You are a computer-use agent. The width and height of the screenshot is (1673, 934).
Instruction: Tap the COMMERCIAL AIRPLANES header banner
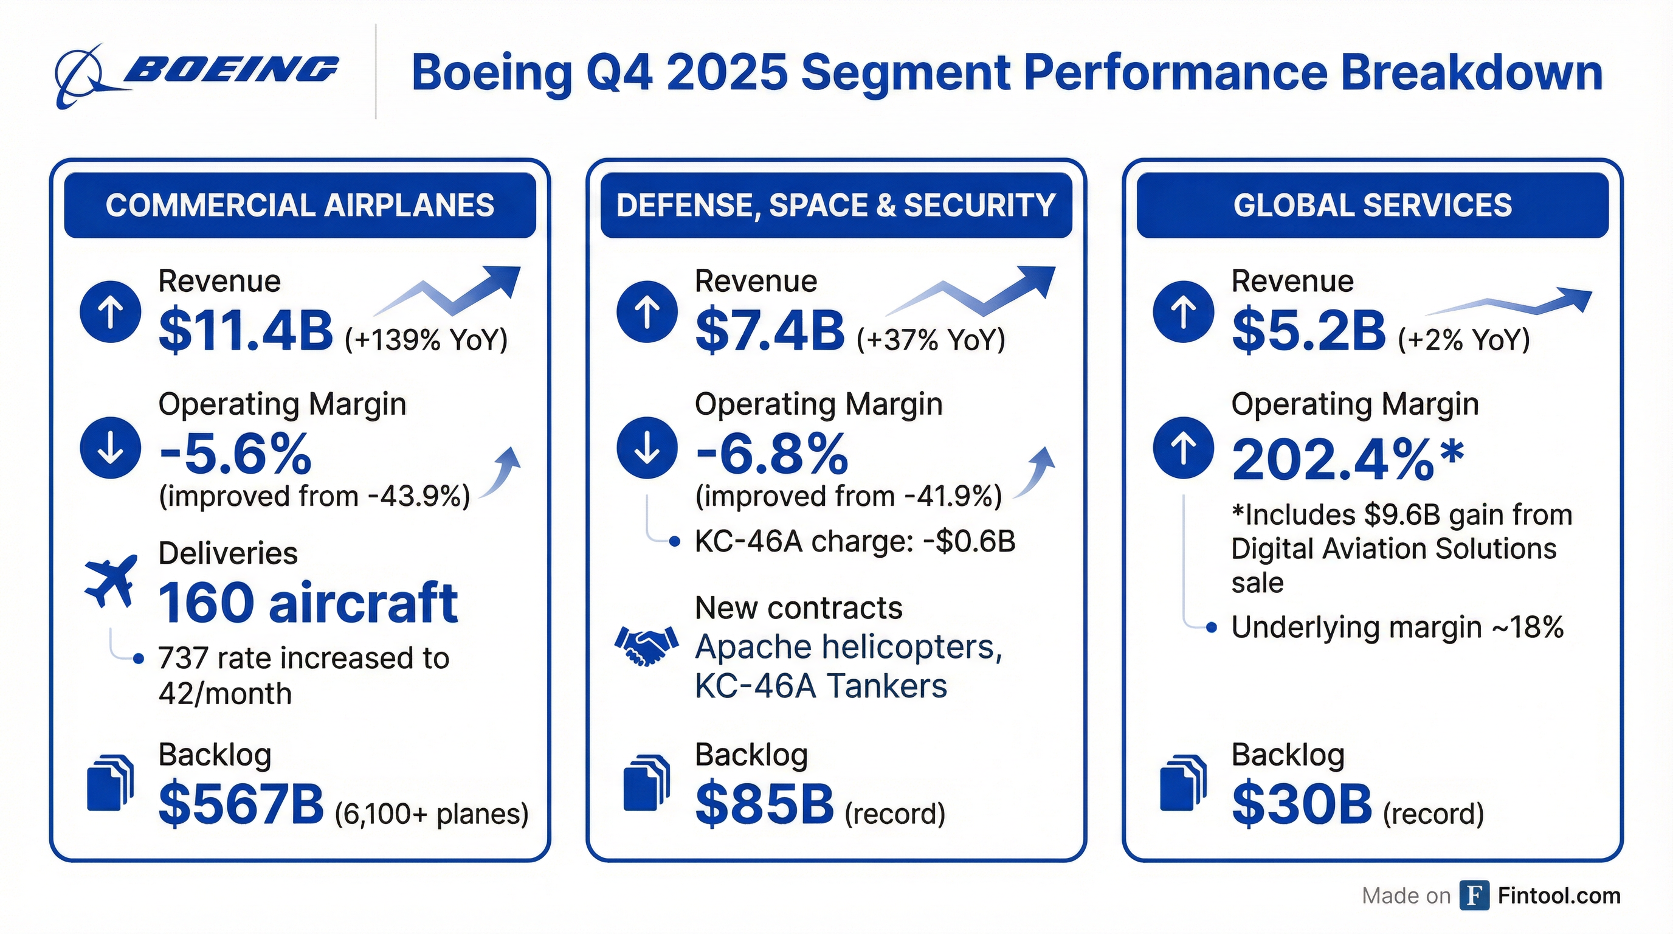click(300, 206)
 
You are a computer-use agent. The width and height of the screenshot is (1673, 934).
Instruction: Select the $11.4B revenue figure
click(246, 331)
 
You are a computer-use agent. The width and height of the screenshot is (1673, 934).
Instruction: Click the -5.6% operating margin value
click(235, 454)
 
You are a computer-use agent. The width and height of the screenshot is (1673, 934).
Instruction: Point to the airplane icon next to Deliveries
click(111, 580)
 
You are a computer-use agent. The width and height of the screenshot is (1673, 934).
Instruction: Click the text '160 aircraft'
click(308, 603)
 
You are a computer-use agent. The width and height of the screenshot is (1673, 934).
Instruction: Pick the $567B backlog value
click(241, 804)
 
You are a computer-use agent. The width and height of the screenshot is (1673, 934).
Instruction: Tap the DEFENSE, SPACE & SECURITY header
click(836, 206)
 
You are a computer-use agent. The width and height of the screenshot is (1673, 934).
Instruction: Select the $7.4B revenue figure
click(770, 331)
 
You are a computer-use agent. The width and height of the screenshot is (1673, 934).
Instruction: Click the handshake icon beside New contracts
click(646, 646)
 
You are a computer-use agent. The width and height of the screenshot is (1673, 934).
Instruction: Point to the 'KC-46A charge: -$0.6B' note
click(854, 541)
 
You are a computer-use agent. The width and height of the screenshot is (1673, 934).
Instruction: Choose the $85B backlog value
click(764, 804)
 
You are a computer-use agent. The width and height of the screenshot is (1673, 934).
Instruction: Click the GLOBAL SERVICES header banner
click(1372, 206)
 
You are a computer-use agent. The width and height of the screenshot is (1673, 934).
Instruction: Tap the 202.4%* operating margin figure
click(1348, 459)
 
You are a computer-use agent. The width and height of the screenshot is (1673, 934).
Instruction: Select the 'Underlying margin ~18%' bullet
click(1396, 628)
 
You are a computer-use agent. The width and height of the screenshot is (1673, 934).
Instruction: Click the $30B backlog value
click(1302, 804)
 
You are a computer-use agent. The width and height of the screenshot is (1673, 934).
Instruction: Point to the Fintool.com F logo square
click(1474, 896)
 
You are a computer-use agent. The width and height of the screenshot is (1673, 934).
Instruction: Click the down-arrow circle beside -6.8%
click(647, 448)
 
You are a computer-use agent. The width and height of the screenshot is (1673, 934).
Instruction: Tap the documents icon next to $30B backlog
click(1182, 783)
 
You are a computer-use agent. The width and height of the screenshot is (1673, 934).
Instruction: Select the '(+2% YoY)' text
click(1464, 340)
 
